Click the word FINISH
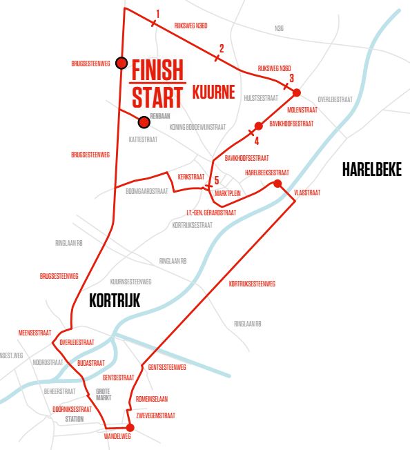[157, 70]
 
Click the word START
[157, 97]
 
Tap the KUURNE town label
[214, 91]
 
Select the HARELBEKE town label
[371, 170]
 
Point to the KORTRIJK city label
[115, 300]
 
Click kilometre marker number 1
[158, 14]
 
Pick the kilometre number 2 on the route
[221, 48]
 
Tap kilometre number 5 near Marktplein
[216, 180]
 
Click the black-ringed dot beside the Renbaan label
[144, 122]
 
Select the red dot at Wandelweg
[129, 428]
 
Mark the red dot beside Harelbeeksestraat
[277, 183]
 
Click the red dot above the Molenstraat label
[297, 92]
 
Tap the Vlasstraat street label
[307, 193]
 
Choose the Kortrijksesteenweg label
[252, 283]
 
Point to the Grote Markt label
[103, 395]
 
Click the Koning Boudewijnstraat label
[197, 126]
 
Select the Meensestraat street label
[35, 332]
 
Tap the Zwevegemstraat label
[155, 415]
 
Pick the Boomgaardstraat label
[146, 191]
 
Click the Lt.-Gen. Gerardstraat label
[211, 213]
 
